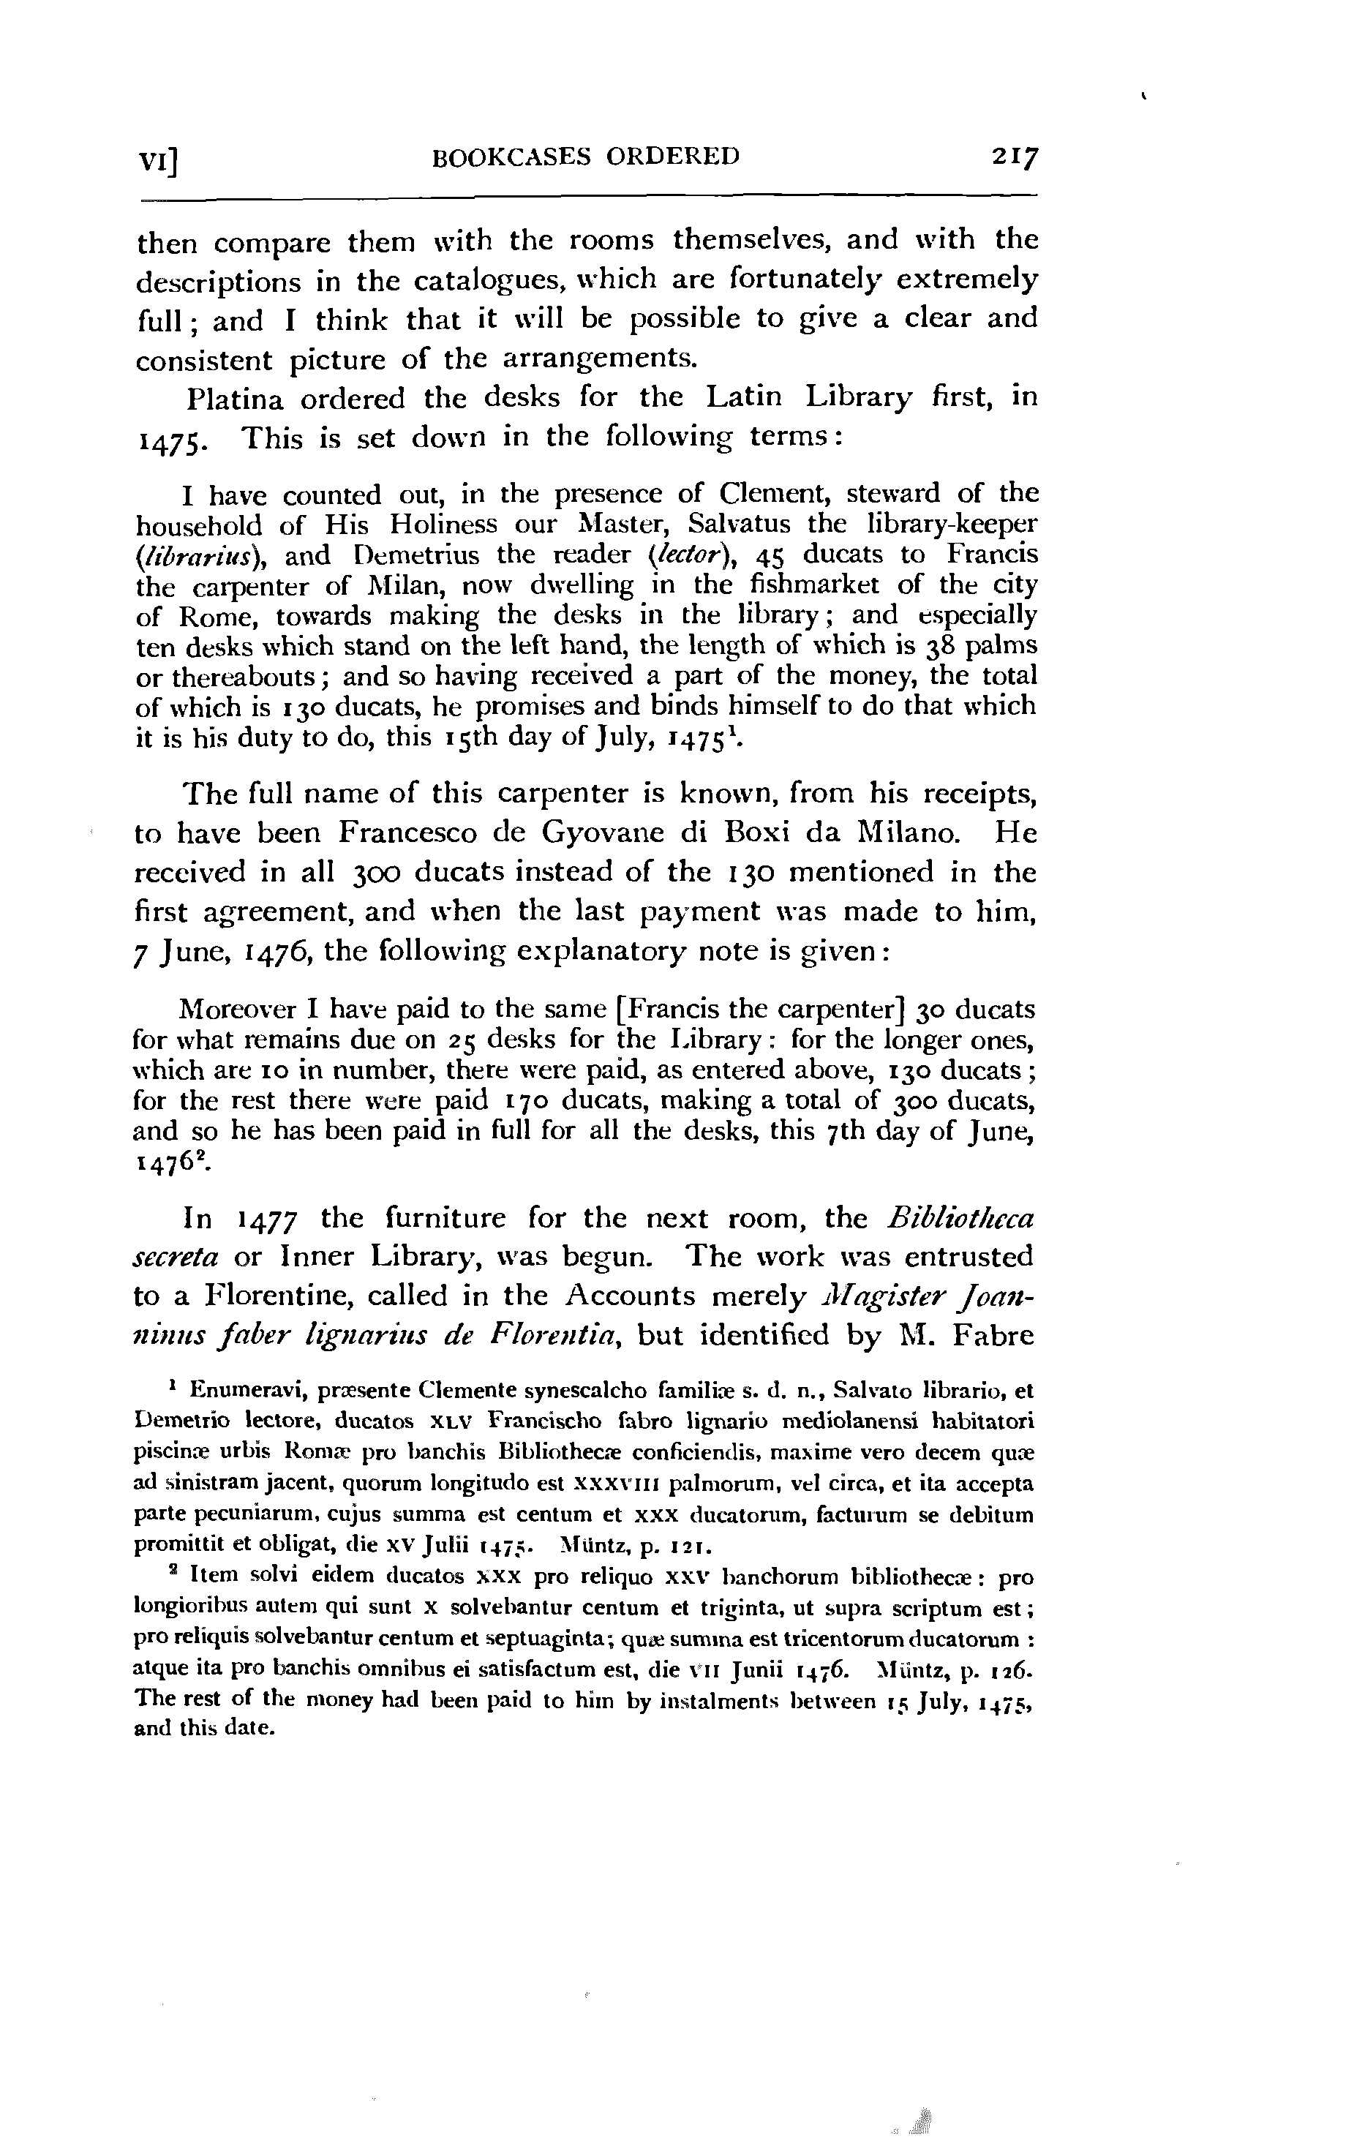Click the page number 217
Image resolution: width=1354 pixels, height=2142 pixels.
1015,158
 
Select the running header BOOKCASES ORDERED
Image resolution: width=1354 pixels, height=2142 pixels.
585,157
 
